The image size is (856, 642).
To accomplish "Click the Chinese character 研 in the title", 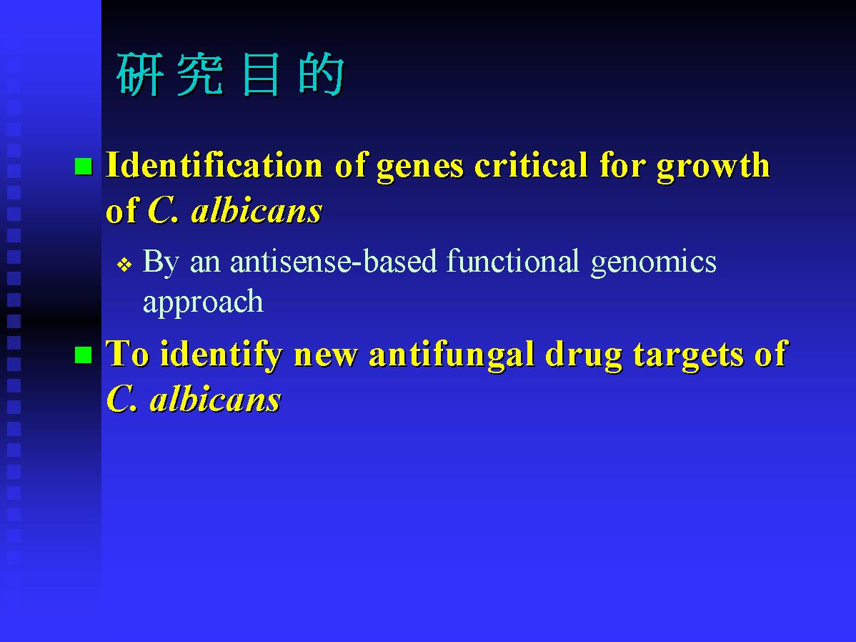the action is pyautogui.click(x=140, y=74).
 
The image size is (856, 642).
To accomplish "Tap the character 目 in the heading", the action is pyautogui.click(x=261, y=74).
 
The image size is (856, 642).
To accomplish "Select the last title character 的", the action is pyautogui.click(x=322, y=74).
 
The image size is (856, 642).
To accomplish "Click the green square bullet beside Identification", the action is pyautogui.click(x=83, y=166).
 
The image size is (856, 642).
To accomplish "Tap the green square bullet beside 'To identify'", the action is pyautogui.click(x=83, y=355).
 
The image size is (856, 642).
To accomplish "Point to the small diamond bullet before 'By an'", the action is pyautogui.click(x=124, y=265).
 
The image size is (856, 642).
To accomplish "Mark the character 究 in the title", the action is pyautogui.click(x=200, y=74).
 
